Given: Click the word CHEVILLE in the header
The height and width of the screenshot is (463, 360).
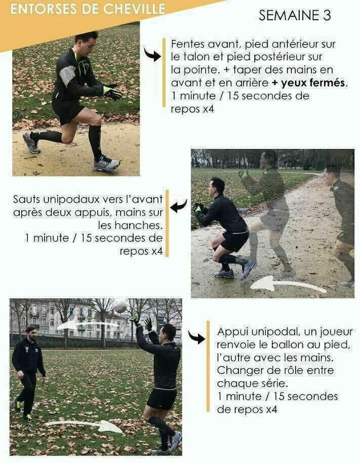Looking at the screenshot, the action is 135,9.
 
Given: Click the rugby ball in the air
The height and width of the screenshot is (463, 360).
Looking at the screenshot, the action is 120,307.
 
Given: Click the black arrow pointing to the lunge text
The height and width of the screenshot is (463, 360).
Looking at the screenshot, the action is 152,55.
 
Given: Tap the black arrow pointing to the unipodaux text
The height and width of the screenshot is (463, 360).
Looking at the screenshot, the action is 179,206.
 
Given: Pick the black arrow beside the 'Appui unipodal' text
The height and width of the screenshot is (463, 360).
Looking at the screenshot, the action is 196,337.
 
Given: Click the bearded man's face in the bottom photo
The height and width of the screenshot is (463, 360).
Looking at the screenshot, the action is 31,334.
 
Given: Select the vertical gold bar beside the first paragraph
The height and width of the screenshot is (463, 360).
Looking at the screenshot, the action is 164,72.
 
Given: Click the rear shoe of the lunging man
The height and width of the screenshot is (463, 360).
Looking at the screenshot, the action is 31,143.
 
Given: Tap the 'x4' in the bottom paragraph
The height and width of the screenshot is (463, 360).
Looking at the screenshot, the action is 271,409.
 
